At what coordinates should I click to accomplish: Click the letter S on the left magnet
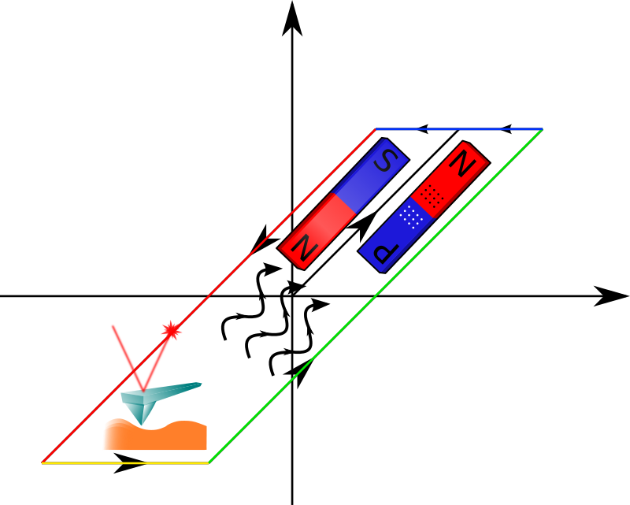(385, 161)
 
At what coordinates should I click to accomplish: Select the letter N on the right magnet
(463, 164)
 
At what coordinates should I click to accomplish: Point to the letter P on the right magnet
(386, 252)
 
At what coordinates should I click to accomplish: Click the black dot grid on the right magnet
(430, 195)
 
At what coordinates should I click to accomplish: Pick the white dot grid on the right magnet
(411, 215)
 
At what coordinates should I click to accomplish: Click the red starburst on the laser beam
(171, 330)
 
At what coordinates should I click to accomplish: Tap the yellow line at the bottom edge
(125, 463)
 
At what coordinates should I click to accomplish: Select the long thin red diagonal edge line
(236, 276)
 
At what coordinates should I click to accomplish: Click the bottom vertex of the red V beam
(143, 389)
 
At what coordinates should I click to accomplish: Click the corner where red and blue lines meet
(376, 129)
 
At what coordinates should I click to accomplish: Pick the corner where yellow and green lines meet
(209, 463)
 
